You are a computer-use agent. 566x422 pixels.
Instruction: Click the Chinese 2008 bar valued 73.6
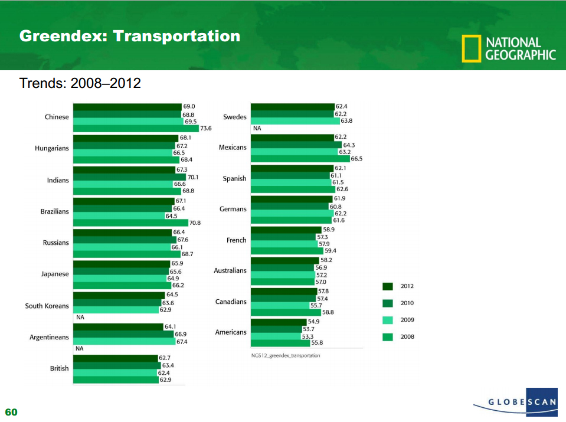136,128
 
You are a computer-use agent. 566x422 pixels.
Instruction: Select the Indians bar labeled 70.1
129,177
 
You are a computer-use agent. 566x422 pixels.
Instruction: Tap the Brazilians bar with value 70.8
130,223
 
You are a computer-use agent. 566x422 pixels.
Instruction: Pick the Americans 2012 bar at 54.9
278,322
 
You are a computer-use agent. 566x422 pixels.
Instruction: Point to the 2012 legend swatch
388,286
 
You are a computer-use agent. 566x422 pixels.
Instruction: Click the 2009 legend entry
399,320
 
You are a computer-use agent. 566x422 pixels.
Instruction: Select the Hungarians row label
51,148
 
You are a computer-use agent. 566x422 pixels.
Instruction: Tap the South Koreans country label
47,306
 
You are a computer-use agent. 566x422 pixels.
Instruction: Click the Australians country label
230,270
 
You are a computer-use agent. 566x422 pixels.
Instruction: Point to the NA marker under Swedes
257,128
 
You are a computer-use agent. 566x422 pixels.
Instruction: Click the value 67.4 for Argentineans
182,342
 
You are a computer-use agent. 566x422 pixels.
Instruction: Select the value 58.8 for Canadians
328,312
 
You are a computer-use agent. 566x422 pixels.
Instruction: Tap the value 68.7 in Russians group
188,254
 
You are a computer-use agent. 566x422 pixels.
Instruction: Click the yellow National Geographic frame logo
471,49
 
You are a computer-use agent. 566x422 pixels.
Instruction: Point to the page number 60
11,412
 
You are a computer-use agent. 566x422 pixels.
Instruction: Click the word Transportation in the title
176,37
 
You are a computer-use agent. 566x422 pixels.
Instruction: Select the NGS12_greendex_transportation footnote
286,356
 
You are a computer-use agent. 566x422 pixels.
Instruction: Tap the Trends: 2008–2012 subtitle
80,83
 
